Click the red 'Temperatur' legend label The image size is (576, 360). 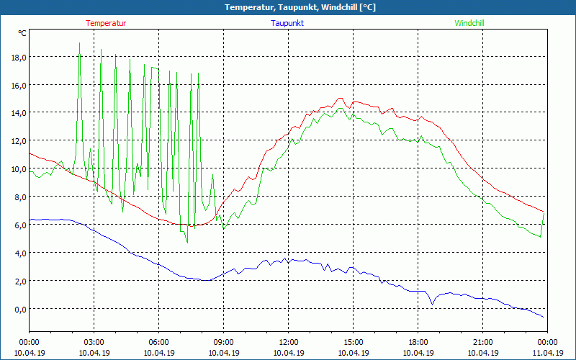pyautogui.click(x=106, y=23)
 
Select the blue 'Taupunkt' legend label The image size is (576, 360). pyautogui.click(x=288, y=23)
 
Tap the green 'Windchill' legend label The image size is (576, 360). pyautogui.click(x=469, y=23)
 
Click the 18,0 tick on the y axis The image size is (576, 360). pyautogui.click(x=17, y=58)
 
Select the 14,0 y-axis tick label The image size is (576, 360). pyautogui.click(x=17, y=113)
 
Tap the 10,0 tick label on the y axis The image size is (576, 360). pyautogui.click(x=17, y=169)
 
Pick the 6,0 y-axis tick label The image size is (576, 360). pyautogui.click(x=17, y=225)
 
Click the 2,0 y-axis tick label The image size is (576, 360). pyautogui.click(x=17, y=281)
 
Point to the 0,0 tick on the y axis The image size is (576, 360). pyautogui.click(x=17, y=309)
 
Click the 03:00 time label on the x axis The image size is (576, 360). pyautogui.click(x=94, y=342)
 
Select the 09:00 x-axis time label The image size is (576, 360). pyautogui.click(x=224, y=342)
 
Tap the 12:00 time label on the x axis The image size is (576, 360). pyautogui.click(x=289, y=342)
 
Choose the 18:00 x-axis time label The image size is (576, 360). pyautogui.click(x=418, y=342)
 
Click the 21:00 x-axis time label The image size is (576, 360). pyautogui.click(x=483, y=342)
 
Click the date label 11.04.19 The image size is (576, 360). pyautogui.click(x=548, y=353)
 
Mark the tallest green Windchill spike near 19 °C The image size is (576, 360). pyautogui.click(x=79, y=43)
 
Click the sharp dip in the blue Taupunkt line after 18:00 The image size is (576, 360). pyautogui.click(x=433, y=305)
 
